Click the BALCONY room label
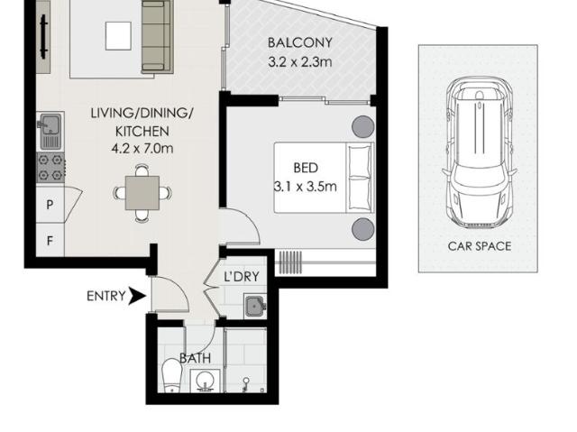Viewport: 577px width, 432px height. point(300,42)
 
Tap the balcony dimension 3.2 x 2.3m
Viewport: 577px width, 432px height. point(300,62)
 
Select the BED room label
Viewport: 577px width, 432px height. point(306,168)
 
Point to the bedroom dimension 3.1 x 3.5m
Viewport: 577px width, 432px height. point(306,188)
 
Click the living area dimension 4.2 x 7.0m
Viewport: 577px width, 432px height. point(142,149)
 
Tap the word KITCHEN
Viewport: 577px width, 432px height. point(142,131)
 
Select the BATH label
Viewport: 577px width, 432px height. point(195,358)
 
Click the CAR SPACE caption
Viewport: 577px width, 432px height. point(479,245)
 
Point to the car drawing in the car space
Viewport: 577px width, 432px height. point(479,153)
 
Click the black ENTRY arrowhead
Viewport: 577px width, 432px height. point(137,295)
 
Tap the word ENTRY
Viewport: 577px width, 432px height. point(105,295)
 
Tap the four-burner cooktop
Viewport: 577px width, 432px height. point(50,168)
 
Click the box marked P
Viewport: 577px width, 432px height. point(50,205)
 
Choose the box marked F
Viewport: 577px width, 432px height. point(50,241)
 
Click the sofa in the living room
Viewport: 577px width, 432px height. point(155,36)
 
